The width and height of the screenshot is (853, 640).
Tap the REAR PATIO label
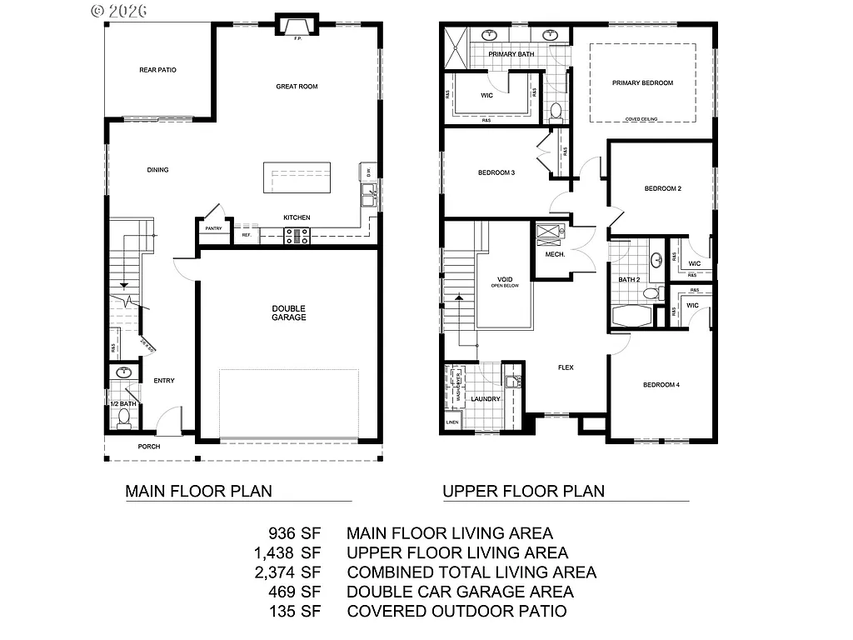tap(157, 70)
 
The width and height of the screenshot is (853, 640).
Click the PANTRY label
tap(213, 227)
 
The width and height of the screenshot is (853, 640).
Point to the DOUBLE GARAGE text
tap(289, 312)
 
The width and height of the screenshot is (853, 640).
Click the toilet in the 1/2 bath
tap(124, 416)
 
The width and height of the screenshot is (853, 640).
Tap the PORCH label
tap(149, 447)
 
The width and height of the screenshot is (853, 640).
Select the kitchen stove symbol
tap(297, 236)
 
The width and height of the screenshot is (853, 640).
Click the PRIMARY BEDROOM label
tap(642, 82)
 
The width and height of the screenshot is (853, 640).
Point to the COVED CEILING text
tap(641, 119)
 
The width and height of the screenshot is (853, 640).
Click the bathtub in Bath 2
tap(631, 317)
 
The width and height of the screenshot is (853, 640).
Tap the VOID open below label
tap(505, 281)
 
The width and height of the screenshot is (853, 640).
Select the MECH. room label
tap(556, 253)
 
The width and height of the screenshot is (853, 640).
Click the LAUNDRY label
tap(486, 399)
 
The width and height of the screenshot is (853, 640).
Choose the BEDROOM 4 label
tap(661, 385)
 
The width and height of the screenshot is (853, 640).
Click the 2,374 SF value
tap(287, 572)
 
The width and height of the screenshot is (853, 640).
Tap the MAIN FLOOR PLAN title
tap(198, 491)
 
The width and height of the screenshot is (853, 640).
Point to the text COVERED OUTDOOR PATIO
tap(456, 612)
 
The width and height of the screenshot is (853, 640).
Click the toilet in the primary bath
tap(556, 111)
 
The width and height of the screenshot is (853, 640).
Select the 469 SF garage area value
tap(295, 592)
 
